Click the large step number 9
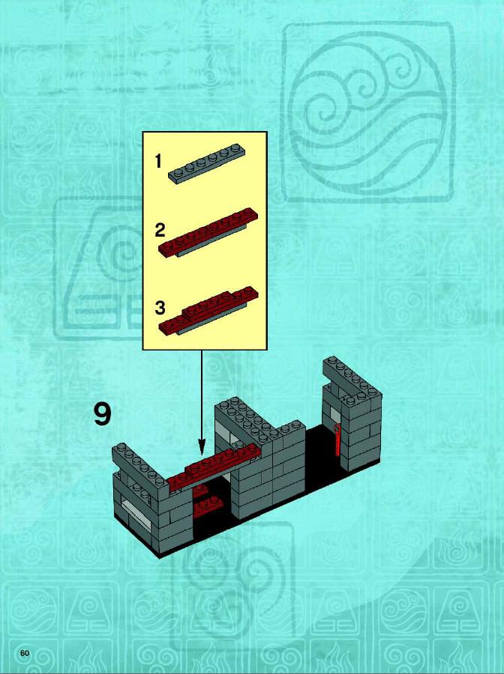pos(103,414)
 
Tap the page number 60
pos(25,653)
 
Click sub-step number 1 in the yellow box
pos(158,162)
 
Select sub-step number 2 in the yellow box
pos(160,231)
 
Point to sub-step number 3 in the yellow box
pos(160,308)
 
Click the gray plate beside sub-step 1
pos(206,163)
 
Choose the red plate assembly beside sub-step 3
pos(208,310)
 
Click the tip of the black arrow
pos(202,454)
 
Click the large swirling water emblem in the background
pos(367,112)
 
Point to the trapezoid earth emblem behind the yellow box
pos(98,269)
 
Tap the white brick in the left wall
pos(136,510)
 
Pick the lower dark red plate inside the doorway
pos(208,507)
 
